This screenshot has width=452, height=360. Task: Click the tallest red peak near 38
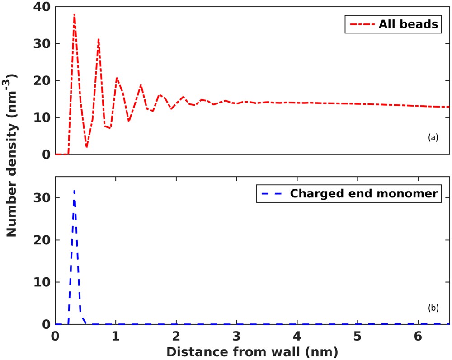[x=74, y=14]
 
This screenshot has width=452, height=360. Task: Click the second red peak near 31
[x=98, y=39]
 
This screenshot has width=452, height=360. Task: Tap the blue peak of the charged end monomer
[x=74, y=191]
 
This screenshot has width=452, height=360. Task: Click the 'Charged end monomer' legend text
[x=364, y=193]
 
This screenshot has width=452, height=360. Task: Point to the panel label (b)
[x=433, y=308]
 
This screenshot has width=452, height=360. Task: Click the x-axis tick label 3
[x=236, y=337]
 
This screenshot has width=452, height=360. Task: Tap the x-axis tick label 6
[x=418, y=337]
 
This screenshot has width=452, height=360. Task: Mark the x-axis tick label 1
[x=116, y=337]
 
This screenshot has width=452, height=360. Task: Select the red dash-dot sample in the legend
[x=359, y=24]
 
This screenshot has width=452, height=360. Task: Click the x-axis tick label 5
[x=358, y=337]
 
